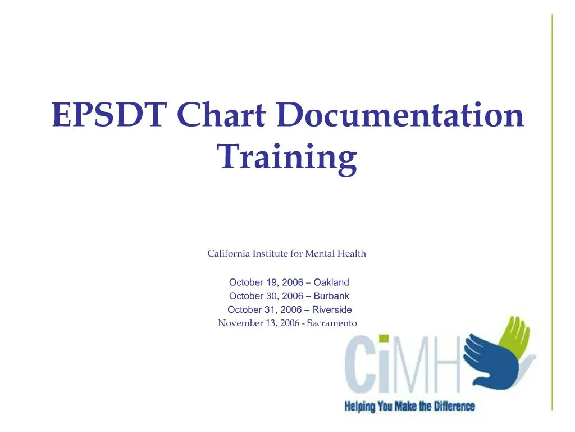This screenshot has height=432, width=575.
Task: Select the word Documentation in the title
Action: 400,116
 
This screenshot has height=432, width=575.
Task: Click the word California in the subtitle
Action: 229,254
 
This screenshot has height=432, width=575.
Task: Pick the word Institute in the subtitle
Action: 271,254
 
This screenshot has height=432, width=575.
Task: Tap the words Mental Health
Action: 335,254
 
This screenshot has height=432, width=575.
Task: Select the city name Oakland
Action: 331,282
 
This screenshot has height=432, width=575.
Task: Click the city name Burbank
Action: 331,296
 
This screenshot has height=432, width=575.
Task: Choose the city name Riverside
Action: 332,309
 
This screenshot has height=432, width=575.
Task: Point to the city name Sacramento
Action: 332,323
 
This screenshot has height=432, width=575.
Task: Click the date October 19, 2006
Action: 266,282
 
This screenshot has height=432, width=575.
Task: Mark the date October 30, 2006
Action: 266,296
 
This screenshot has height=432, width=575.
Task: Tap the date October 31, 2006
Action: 264,309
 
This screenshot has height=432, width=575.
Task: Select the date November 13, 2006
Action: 258,323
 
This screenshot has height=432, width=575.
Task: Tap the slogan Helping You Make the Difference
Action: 409,406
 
